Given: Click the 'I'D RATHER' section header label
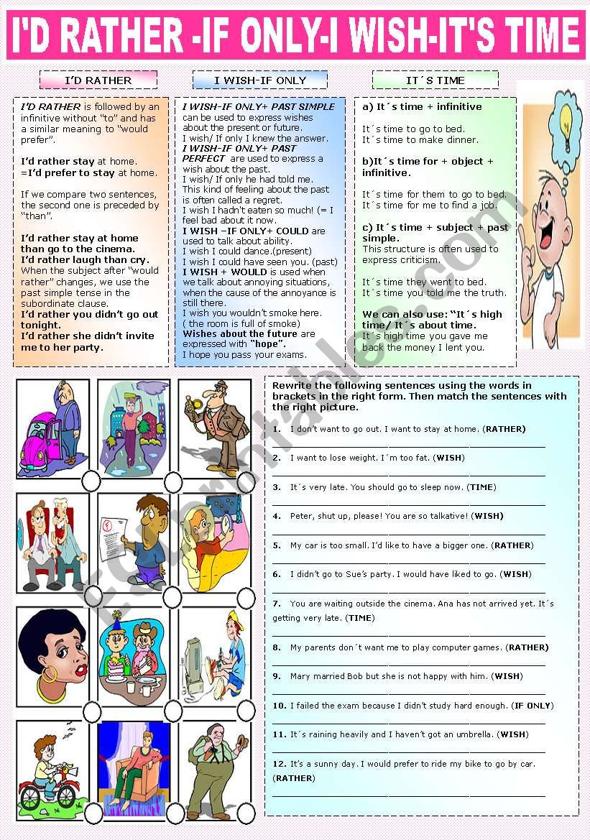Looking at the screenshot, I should [x=98, y=80].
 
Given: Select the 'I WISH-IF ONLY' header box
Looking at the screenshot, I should [x=260, y=80].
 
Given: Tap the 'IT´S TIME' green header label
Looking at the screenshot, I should [x=435, y=80].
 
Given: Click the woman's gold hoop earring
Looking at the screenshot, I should [x=50, y=675].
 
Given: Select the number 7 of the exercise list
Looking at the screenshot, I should [x=277, y=604].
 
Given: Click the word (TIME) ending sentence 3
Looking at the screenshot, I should [x=481, y=487].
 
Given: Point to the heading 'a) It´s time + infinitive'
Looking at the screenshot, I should [x=422, y=106].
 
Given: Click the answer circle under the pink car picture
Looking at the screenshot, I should [x=91, y=480].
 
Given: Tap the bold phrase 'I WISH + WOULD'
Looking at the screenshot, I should [x=218, y=272].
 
